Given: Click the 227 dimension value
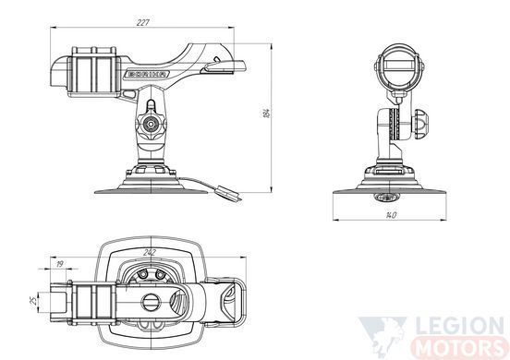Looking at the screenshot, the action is [142, 22].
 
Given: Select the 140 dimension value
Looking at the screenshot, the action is [391, 215].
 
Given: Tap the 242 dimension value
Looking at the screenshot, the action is [150, 252].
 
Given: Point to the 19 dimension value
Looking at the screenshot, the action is [59, 264].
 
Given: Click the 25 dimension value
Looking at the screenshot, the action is [33, 301].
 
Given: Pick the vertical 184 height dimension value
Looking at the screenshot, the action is [266, 113].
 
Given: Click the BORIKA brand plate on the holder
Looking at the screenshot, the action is [147, 74].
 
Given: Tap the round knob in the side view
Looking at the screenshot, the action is [151, 124].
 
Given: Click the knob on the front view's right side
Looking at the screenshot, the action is [420, 124].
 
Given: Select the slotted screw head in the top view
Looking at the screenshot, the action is [152, 302].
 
